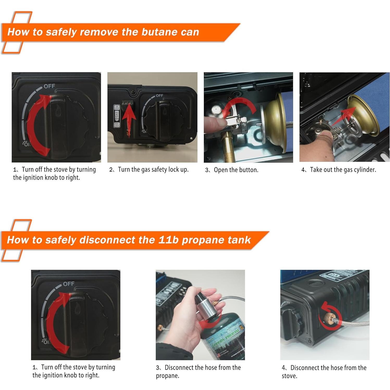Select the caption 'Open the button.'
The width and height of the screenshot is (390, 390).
236,170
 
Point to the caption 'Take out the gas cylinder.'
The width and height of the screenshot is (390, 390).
343,170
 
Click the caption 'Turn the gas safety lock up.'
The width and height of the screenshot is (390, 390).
153,170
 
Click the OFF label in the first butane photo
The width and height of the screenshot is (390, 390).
49,86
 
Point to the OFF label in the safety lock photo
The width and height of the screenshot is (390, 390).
159,96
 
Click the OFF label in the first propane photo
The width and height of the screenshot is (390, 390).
69,284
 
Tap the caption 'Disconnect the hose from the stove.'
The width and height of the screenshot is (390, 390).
324,372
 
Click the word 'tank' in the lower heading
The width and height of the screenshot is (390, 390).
239,240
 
